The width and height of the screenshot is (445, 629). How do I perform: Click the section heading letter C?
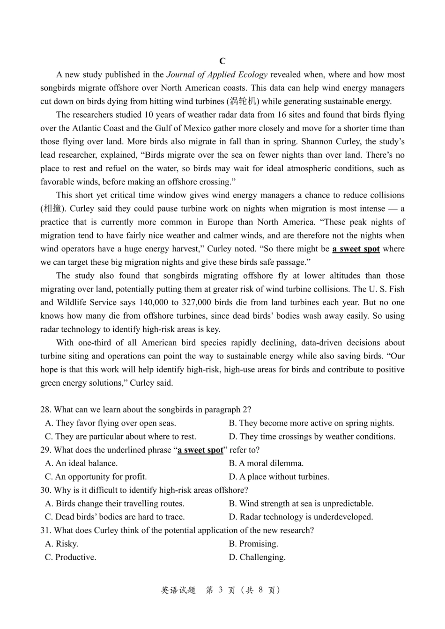pos(222,61)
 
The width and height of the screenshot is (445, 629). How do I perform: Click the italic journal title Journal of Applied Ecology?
pos(217,74)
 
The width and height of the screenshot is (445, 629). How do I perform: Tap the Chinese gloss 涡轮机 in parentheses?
pos(244,101)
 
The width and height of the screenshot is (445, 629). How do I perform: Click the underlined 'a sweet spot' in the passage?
pos(356,249)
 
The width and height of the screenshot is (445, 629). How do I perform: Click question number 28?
pos(45,410)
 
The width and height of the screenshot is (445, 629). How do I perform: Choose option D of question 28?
pos(312,437)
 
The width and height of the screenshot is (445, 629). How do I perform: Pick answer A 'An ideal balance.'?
pos(81,463)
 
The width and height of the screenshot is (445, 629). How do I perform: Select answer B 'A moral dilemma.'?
pos(266,463)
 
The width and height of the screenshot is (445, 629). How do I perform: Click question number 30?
pos(45,490)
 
